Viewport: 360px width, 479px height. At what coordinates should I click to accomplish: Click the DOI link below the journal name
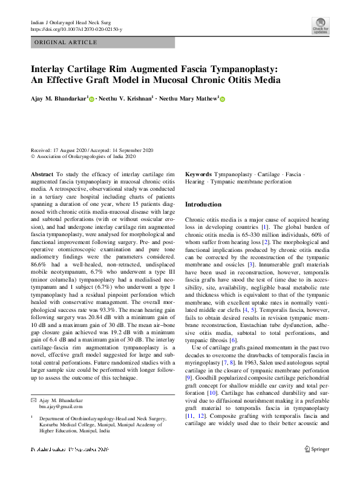(76, 28)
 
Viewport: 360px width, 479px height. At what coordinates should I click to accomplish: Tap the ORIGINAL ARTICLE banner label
(66, 42)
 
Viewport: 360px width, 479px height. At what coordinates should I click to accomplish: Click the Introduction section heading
(203, 205)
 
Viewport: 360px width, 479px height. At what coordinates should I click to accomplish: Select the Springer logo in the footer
(317, 449)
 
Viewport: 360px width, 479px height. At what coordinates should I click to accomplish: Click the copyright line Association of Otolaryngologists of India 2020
(86, 156)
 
